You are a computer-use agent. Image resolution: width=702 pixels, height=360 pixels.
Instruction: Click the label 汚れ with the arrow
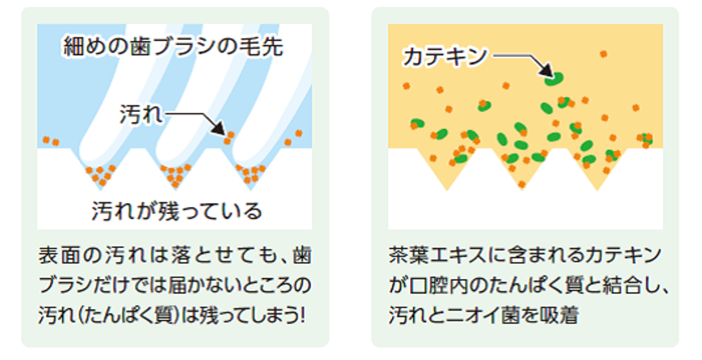(x=141, y=114)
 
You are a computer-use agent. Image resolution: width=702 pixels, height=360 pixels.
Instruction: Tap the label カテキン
(x=445, y=57)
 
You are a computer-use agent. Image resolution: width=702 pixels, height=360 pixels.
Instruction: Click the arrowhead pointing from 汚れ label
(x=218, y=128)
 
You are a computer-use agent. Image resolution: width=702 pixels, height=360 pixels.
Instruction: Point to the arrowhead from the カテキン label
(x=547, y=70)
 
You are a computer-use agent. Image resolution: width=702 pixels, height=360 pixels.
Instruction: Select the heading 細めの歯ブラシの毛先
(x=174, y=47)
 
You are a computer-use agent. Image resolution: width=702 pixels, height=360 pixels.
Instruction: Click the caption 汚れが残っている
(x=177, y=210)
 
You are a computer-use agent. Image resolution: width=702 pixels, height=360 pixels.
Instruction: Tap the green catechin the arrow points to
(x=553, y=79)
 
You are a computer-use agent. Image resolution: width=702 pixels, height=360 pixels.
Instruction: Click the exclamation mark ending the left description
(x=303, y=315)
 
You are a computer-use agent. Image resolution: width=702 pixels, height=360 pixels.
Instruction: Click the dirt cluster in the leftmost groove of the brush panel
(x=101, y=175)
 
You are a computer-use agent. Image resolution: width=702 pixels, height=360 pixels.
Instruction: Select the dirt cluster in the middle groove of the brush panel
(x=176, y=175)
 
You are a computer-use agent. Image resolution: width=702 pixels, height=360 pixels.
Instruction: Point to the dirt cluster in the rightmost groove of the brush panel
(x=252, y=175)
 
